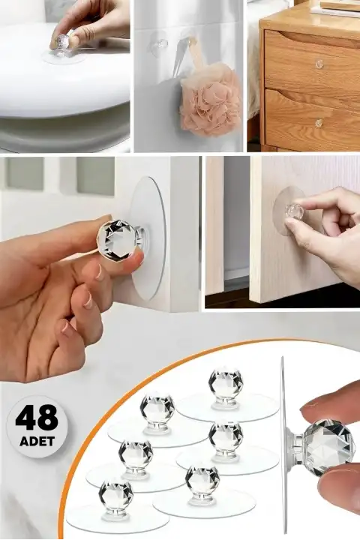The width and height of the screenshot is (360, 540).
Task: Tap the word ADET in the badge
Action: (x=36, y=440)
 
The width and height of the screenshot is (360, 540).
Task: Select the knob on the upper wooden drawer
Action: (x=319, y=64)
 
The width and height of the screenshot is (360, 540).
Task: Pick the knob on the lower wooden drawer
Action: (x=319, y=122)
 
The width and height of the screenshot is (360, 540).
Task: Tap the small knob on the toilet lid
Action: (x=65, y=41)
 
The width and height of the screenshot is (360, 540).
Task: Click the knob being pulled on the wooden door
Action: (x=293, y=213)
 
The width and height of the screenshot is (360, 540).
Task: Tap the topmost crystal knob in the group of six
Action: (x=225, y=384)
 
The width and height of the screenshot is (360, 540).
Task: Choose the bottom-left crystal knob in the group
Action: (x=115, y=495)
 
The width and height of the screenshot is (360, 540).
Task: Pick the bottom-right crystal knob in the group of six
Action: (x=202, y=480)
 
